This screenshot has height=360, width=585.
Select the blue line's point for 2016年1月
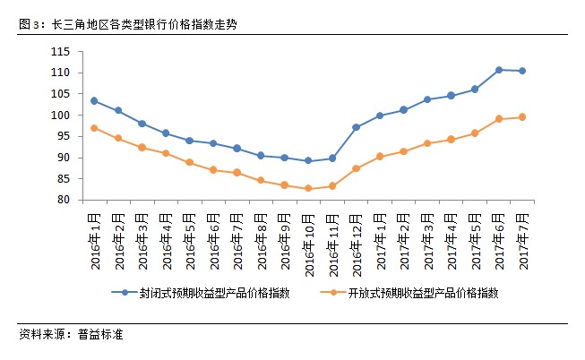click(94, 100)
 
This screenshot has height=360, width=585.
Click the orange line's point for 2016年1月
click(94, 128)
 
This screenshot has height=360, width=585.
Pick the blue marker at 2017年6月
click(498, 69)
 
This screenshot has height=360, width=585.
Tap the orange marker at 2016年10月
click(308, 188)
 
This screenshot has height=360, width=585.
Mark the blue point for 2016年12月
click(356, 127)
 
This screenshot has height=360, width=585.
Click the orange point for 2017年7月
click(522, 116)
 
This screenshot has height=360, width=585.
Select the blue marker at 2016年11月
click(332, 158)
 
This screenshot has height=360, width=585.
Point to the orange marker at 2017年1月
click(380, 156)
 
